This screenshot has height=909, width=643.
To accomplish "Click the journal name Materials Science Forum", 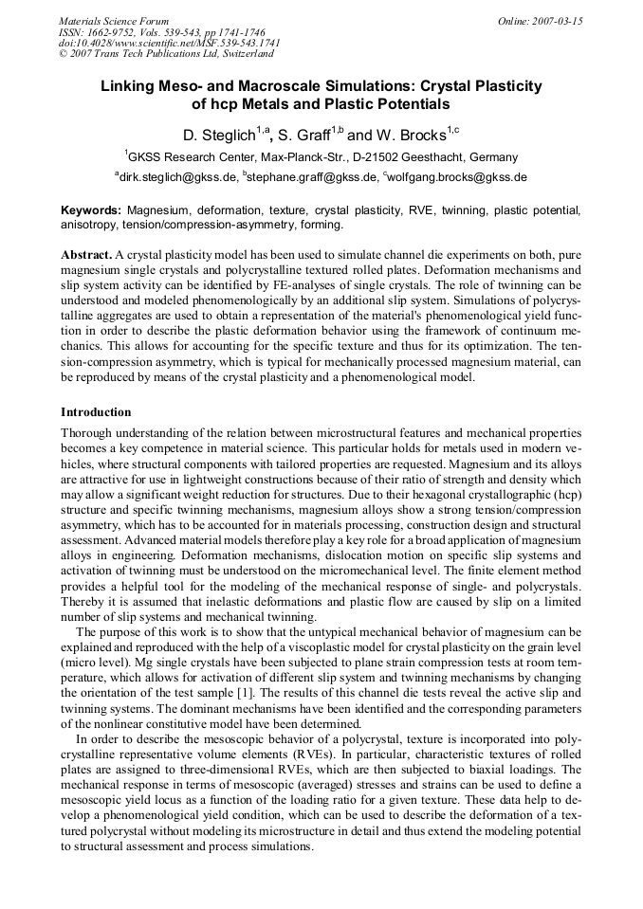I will click(114, 20).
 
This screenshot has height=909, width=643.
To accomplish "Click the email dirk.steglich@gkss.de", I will click(179, 177).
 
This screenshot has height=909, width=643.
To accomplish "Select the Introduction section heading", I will click(96, 412).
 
